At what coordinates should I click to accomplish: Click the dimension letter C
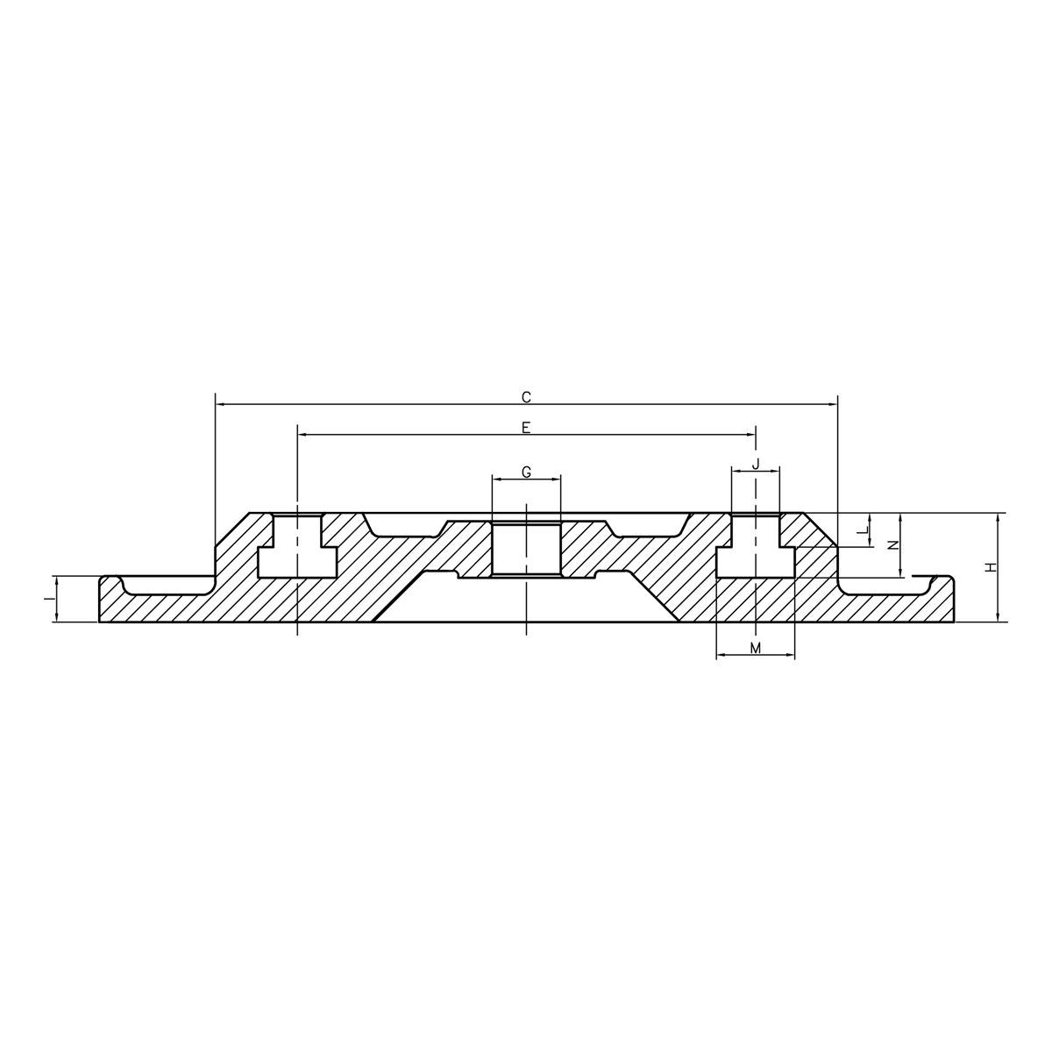coord(526,397)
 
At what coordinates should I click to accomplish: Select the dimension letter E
coord(526,427)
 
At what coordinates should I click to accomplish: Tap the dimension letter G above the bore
coord(526,472)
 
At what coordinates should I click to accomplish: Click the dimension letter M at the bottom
coord(755,647)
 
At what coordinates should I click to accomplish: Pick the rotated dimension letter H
coord(991,567)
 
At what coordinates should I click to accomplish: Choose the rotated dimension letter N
coord(893,544)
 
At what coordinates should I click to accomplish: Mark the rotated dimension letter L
coord(862,530)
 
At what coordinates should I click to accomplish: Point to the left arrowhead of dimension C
coord(220,404)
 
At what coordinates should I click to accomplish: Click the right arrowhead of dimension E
coord(751,434)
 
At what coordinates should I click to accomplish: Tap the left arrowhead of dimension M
coord(721,655)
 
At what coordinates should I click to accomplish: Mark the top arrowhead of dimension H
coord(999,516)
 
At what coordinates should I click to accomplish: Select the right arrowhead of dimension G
coord(556,479)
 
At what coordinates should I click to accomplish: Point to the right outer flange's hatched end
coord(942,605)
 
